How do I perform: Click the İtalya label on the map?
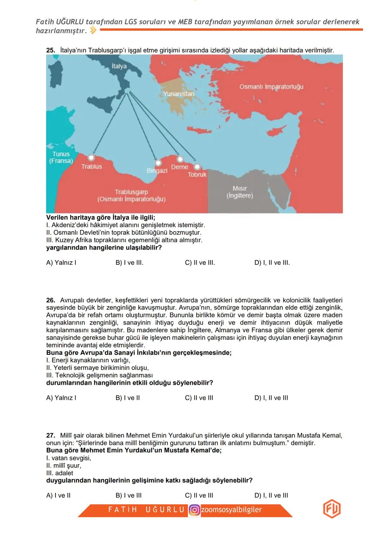(x=119, y=66)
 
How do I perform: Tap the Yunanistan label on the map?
(x=179, y=94)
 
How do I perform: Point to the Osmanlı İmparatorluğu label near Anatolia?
(x=271, y=87)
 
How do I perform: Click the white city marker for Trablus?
(x=91, y=158)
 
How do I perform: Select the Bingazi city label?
(x=157, y=170)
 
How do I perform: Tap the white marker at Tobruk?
(x=197, y=167)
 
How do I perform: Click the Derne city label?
(x=179, y=167)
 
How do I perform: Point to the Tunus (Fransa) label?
(x=61, y=157)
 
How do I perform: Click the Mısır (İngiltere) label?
(x=240, y=192)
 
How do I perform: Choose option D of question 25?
(x=272, y=263)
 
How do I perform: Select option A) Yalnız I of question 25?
(x=61, y=263)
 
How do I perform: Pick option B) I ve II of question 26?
(x=128, y=398)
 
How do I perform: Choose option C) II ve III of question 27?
(x=199, y=495)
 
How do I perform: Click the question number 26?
(x=50, y=300)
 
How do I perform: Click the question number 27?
(x=50, y=435)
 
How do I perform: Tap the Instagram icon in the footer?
(x=194, y=510)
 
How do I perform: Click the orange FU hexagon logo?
(x=331, y=509)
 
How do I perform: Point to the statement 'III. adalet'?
(x=60, y=473)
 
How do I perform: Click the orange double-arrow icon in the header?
(x=93, y=31)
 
